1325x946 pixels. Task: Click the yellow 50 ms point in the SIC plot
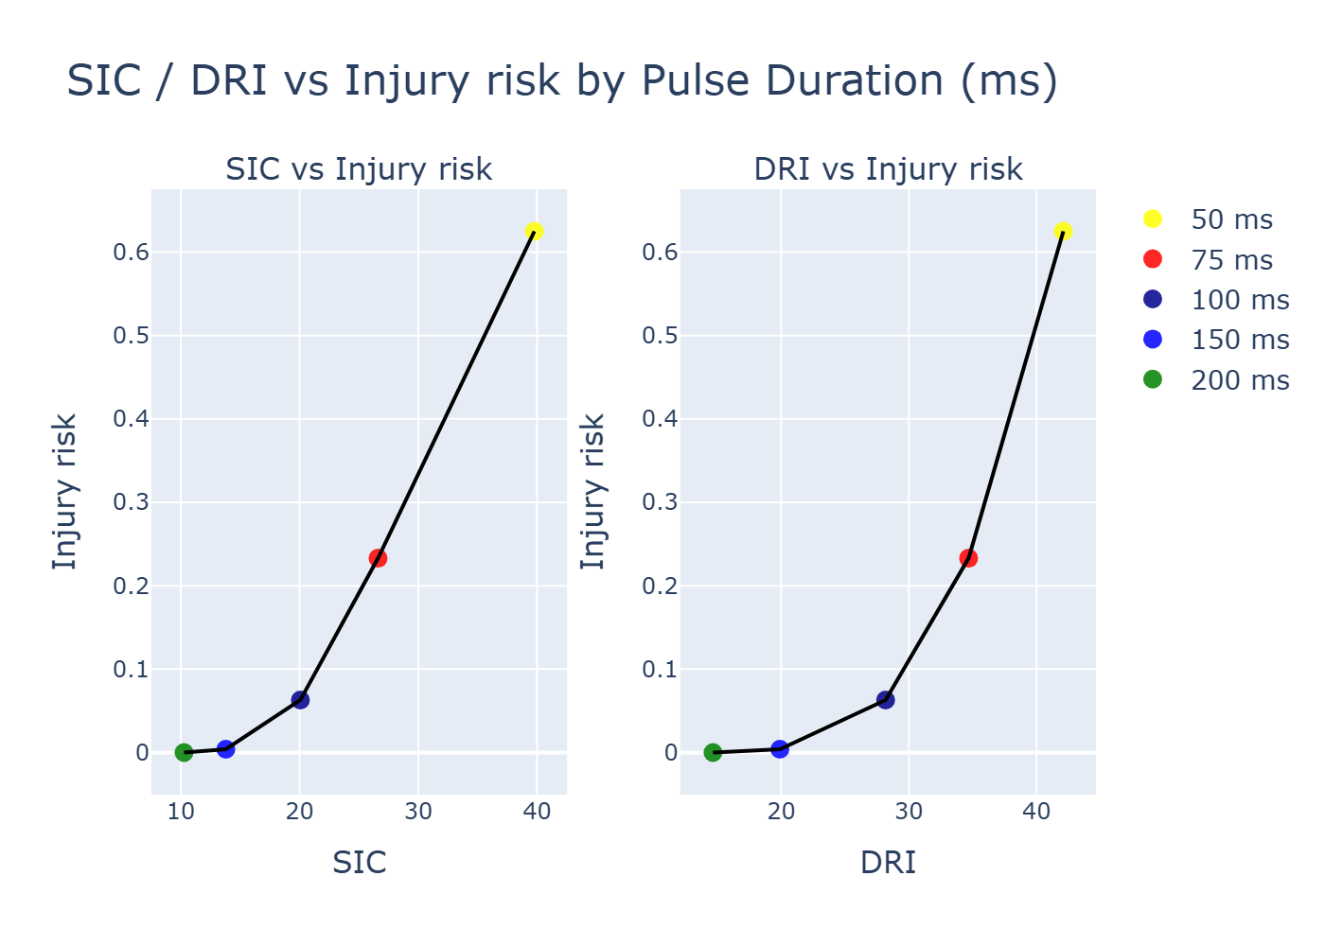pyautogui.click(x=534, y=232)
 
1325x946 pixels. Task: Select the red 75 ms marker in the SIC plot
pyautogui.click(x=378, y=558)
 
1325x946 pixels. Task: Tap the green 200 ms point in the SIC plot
pyautogui.click(x=184, y=752)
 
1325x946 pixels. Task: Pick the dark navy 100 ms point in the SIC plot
pyautogui.click(x=300, y=700)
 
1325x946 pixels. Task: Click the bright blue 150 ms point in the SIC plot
pyautogui.click(x=225, y=749)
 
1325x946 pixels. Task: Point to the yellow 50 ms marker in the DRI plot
pyautogui.click(x=1063, y=232)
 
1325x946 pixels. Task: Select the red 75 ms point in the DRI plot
pyautogui.click(x=968, y=558)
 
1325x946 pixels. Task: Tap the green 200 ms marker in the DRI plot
pyautogui.click(x=713, y=752)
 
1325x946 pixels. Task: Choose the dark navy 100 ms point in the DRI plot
pyautogui.click(x=886, y=700)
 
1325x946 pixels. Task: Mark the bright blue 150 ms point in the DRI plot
pyautogui.click(x=780, y=749)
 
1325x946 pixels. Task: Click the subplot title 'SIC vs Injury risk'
pyautogui.click(x=359, y=169)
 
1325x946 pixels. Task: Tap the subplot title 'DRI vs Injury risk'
pyautogui.click(x=888, y=169)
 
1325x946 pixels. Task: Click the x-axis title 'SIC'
pyautogui.click(x=359, y=863)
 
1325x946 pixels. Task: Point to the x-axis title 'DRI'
pyautogui.click(x=888, y=863)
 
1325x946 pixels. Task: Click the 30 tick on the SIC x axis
pyautogui.click(x=418, y=812)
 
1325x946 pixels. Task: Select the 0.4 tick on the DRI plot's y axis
pyautogui.click(x=660, y=419)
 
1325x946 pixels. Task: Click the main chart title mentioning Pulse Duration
pyautogui.click(x=562, y=81)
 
